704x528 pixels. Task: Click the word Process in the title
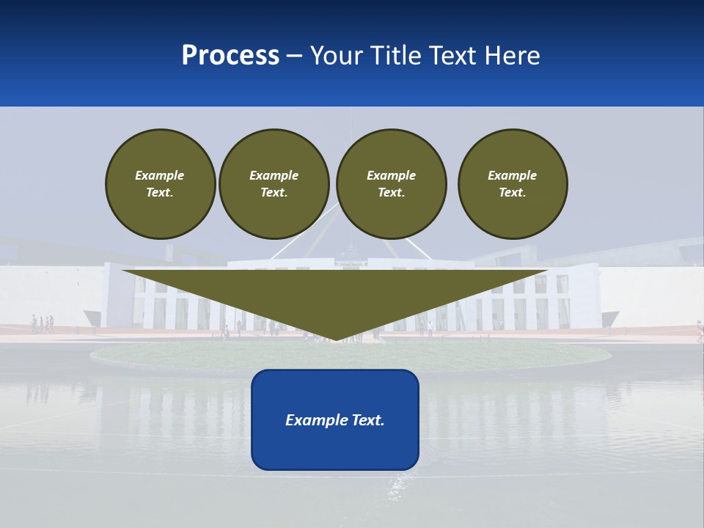[x=230, y=56]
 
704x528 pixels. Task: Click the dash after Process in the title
[x=295, y=56]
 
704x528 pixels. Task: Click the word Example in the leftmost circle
[x=160, y=175]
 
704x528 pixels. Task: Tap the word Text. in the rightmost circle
[x=513, y=192]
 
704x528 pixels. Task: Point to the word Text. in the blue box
[x=367, y=420]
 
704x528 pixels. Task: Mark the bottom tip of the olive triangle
[x=335, y=340]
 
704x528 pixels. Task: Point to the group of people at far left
[x=42, y=323]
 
